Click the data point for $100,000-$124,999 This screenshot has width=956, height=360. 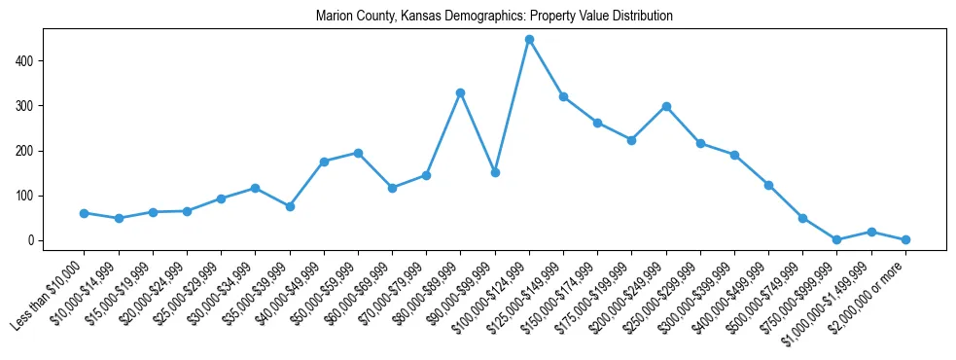[529, 40]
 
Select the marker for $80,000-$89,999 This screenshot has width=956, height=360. [461, 92]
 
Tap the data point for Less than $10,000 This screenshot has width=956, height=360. [85, 213]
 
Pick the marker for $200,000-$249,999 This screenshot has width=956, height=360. [666, 106]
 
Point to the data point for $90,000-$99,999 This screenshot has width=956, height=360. [495, 172]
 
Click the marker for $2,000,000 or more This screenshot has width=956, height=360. [905, 239]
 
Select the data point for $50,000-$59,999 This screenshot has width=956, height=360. [358, 153]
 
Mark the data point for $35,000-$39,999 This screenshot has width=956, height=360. [290, 206]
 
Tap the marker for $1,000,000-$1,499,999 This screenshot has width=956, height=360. [871, 232]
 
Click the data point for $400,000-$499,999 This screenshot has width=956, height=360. [768, 185]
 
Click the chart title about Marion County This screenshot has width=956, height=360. [494, 17]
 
